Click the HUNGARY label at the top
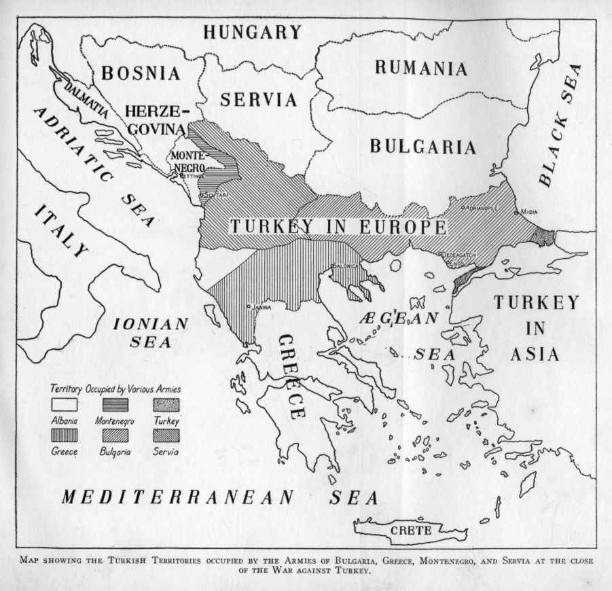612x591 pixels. [x=252, y=32]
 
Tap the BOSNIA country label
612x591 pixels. [x=141, y=73]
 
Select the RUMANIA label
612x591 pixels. [x=420, y=69]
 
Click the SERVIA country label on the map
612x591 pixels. [x=259, y=100]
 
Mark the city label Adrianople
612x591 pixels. [x=482, y=207]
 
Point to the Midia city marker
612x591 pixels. [x=517, y=213]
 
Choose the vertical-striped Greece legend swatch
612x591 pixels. [x=64, y=435]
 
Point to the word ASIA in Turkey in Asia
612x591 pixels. [x=536, y=354]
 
